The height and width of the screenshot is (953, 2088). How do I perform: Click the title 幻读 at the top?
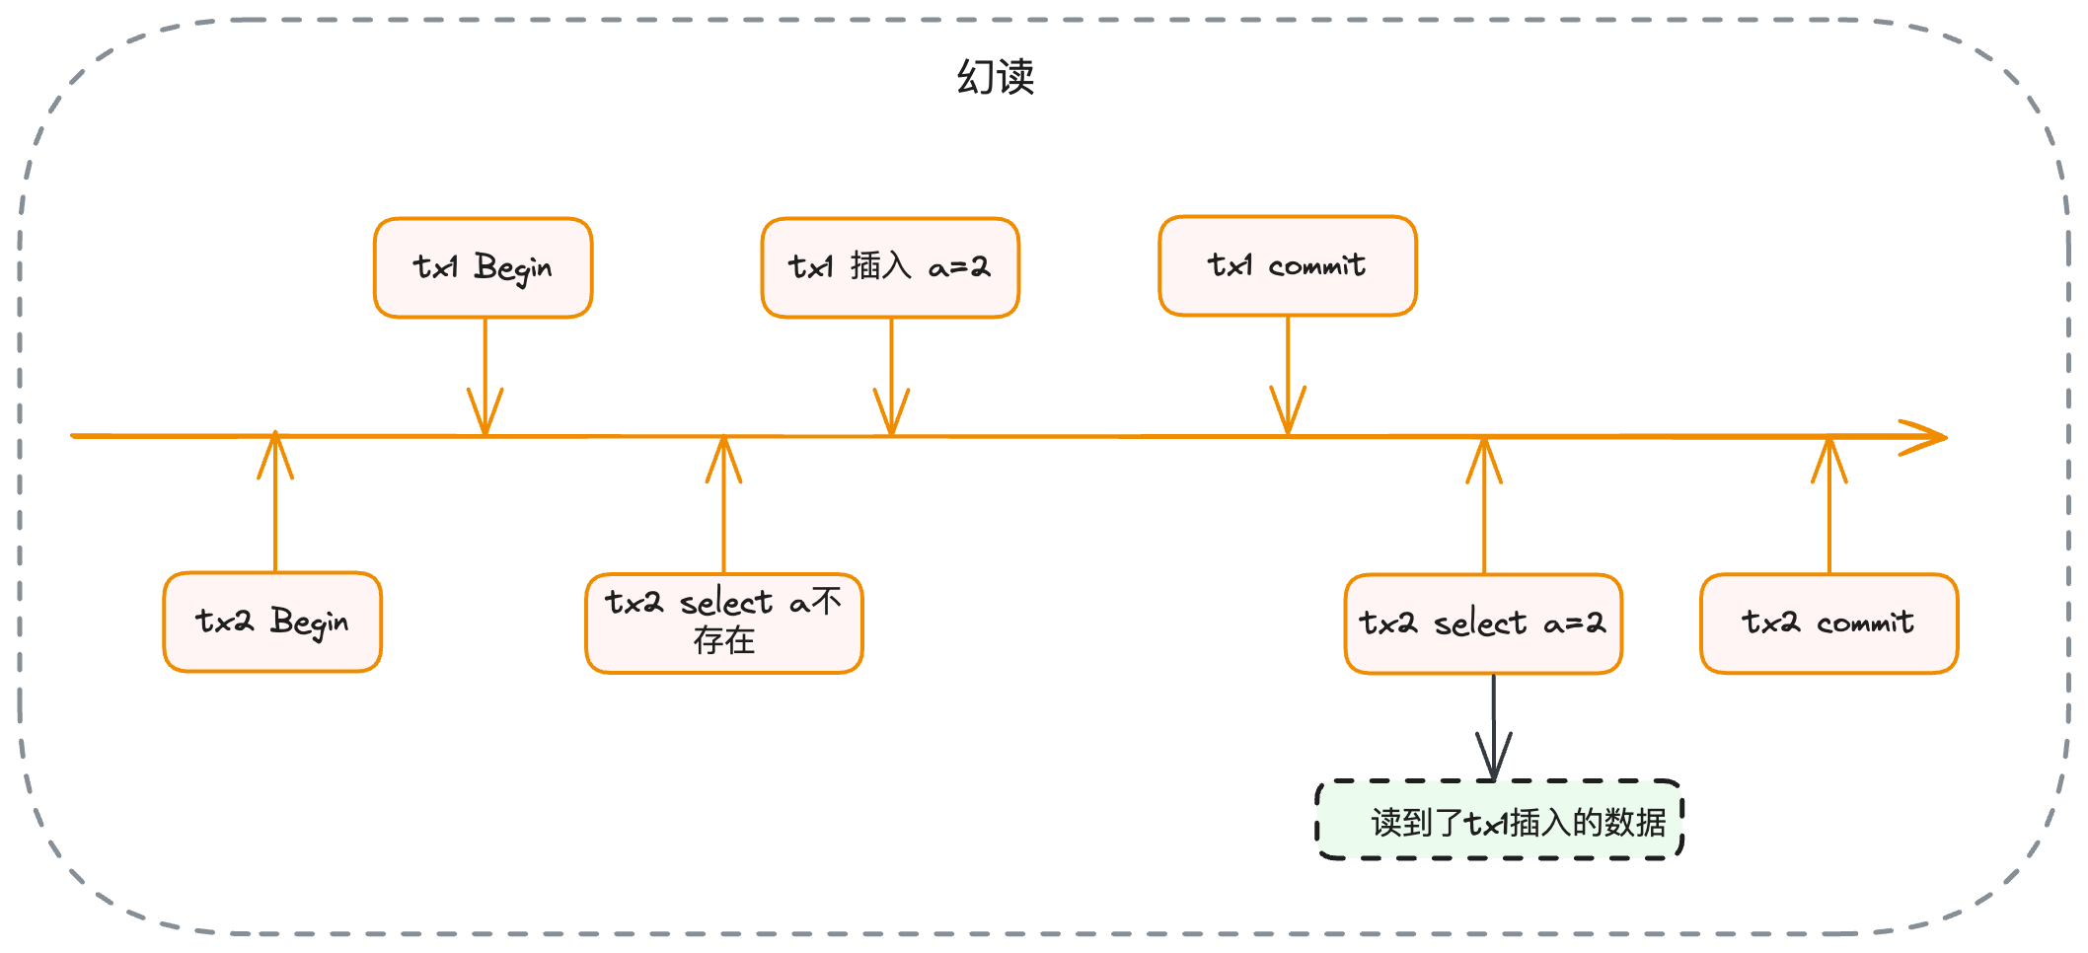point(995,77)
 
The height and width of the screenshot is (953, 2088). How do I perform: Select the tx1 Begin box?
point(483,267)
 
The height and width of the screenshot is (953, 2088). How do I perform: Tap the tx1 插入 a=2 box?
point(889,267)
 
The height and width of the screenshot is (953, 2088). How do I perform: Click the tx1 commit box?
point(1287,265)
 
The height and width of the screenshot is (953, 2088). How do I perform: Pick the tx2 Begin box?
point(272,622)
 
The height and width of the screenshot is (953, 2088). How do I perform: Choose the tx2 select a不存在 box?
point(723,623)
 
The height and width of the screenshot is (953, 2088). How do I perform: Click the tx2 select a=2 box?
point(1482,623)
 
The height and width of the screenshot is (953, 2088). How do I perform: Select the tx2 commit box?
point(1827,623)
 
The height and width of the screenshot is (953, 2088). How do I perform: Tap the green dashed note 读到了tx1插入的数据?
point(1499,820)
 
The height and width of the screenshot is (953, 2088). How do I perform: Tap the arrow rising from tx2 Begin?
point(275,503)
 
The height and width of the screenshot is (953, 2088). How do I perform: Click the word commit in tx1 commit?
point(1316,266)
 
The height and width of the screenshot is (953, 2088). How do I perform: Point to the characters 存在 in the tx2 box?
point(723,641)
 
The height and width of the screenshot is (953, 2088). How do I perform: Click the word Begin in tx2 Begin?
point(309,623)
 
